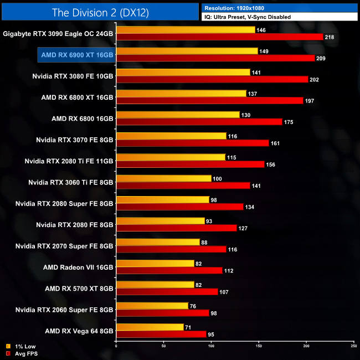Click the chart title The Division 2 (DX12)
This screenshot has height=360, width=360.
pos(100,12)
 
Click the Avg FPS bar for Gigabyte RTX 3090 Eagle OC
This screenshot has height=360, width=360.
pos(220,37)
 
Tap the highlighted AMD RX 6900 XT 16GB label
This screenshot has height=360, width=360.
pos(77,55)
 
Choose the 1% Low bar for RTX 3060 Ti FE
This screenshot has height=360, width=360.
pos(163,178)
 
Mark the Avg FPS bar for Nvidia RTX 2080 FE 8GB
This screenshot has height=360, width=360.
pos(176,228)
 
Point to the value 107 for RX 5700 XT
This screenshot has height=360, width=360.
pos(227,291)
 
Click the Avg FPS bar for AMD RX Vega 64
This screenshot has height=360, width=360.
pos(161,334)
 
